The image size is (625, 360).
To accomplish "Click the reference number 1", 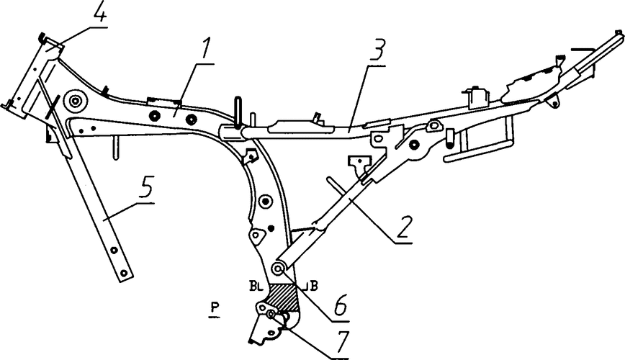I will (x=207, y=53).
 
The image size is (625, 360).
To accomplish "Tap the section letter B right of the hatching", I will (x=315, y=285).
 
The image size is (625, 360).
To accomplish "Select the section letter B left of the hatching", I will (x=255, y=286).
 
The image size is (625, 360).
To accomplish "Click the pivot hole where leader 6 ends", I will (x=276, y=269).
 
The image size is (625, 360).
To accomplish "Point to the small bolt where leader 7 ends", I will (x=271, y=315).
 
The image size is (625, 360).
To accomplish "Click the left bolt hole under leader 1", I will (x=152, y=115).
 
